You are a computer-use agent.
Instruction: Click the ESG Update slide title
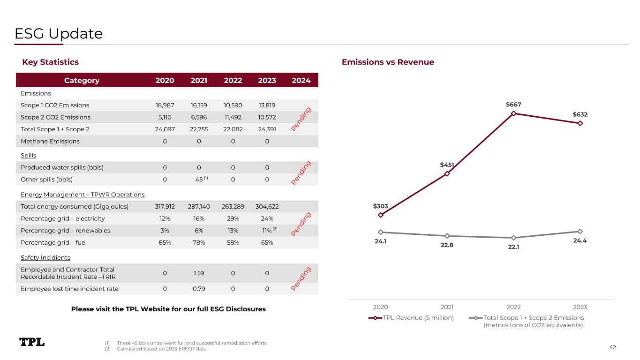click(x=59, y=34)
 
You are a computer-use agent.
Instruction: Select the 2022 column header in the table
click(x=233, y=80)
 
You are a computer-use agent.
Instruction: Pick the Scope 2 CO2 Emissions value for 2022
click(x=233, y=118)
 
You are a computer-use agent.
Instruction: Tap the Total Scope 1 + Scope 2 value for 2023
click(x=267, y=129)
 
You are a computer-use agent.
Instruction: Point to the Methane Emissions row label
click(x=50, y=141)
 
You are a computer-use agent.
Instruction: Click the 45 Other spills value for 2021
click(x=199, y=179)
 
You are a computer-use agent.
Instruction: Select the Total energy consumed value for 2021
click(x=199, y=206)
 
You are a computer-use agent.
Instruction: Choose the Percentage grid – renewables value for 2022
click(x=233, y=230)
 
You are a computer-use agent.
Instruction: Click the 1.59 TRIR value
click(x=199, y=273)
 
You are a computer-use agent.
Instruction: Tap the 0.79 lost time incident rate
click(x=199, y=289)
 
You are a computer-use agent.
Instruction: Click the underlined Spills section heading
click(x=29, y=155)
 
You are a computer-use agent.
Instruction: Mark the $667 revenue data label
click(x=514, y=105)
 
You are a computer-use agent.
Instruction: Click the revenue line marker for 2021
click(x=447, y=173)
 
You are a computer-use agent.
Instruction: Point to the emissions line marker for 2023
click(x=580, y=231)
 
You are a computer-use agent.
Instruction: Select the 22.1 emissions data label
click(x=514, y=247)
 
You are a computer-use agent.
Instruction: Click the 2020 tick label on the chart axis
click(x=380, y=307)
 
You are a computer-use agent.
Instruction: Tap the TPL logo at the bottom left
click(x=32, y=342)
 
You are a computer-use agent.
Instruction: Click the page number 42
click(x=612, y=347)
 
